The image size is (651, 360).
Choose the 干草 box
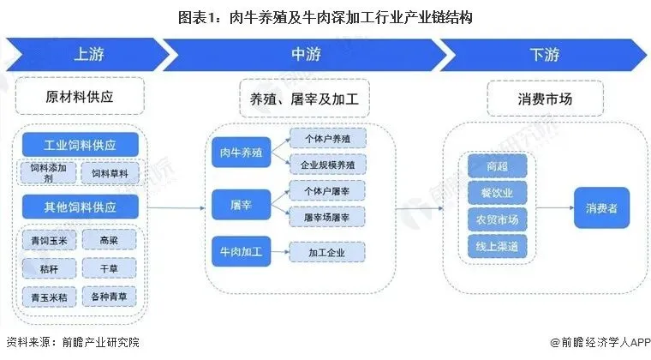109,269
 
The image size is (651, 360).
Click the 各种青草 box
109,297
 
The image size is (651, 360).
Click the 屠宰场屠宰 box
327,218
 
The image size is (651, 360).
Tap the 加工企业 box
327,252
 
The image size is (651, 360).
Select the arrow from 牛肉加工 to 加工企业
278,252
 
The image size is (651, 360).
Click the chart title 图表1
325,15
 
